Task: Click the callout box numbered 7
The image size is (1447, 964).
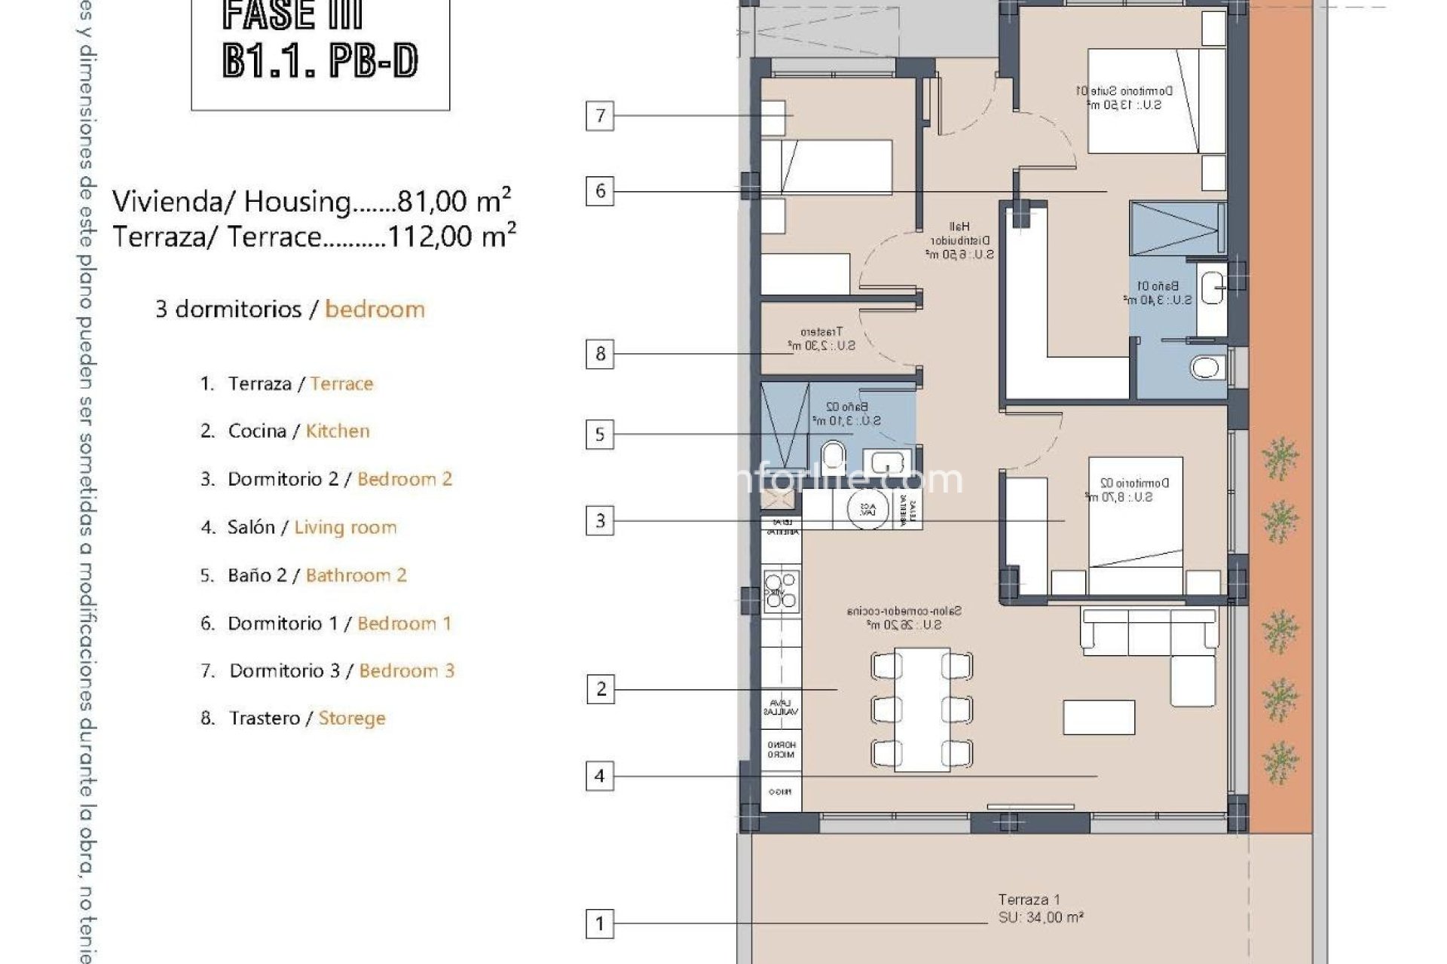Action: click(x=600, y=115)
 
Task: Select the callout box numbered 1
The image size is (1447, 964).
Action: click(x=600, y=923)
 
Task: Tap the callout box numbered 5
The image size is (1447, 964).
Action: click(x=600, y=435)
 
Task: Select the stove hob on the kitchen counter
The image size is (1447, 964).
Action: click(x=781, y=590)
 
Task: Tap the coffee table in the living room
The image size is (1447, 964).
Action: click(x=1099, y=717)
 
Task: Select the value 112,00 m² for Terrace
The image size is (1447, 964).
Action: click(x=451, y=236)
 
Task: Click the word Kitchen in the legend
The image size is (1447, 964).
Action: click(x=338, y=432)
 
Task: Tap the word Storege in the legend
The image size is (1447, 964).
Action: click(x=351, y=718)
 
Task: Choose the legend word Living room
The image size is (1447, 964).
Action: click(x=345, y=527)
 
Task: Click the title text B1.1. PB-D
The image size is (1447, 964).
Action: click(x=320, y=60)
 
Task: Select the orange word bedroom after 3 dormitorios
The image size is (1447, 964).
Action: click(x=375, y=310)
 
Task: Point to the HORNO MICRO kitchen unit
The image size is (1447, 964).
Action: click(x=781, y=749)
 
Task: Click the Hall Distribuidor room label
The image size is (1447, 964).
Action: click(x=959, y=240)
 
